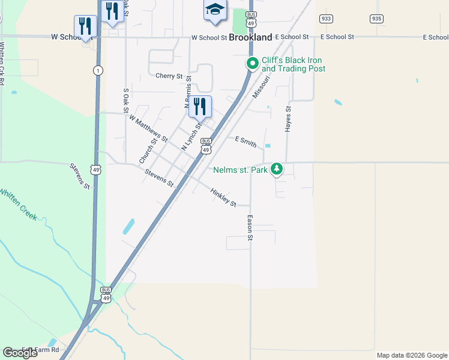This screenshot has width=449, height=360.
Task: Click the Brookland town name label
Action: click(250, 37)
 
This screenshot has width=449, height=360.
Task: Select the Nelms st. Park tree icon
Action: click(276, 169)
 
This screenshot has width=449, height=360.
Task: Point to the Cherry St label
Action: click(169, 76)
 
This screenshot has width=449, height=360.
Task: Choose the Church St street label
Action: click(148, 149)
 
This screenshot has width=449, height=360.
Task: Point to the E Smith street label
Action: click(246, 142)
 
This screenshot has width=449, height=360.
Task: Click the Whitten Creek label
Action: click(17, 204)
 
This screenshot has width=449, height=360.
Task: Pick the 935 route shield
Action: click(376, 19)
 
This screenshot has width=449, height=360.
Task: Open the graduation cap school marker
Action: click(215, 10)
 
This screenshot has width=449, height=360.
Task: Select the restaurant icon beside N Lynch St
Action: click(200, 107)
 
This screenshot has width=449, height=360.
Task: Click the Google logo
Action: click(20, 353)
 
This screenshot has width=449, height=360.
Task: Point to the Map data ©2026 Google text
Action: click(411, 355)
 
